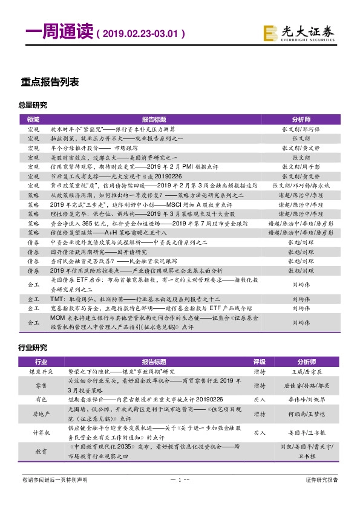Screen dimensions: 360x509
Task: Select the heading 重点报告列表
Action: (x=50, y=82)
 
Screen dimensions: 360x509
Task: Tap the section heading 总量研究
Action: (x=33, y=105)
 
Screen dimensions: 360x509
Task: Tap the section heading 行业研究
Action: (x=33, y=349)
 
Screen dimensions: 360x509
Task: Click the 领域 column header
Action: (x=33, y=120)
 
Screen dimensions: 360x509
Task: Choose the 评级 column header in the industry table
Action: (x=260, y=361)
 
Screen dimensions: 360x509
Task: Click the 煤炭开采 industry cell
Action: (x=41, y=371)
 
